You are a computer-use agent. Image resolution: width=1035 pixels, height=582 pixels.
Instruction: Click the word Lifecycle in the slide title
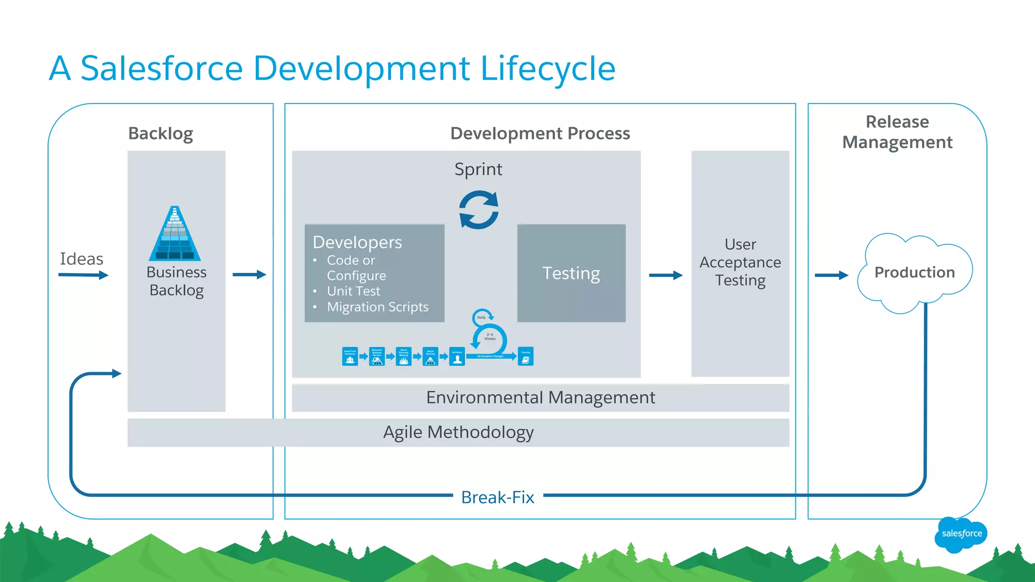[x=548, y=70]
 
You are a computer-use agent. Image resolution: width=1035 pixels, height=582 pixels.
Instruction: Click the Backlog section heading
[x=160, y=133]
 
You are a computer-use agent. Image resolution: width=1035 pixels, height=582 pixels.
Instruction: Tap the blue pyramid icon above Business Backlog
[x=175, y=234]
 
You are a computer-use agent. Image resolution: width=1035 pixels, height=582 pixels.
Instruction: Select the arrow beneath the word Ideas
[x=83, y=275]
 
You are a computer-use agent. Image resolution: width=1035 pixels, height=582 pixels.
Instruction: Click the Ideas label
[x=81, y=259]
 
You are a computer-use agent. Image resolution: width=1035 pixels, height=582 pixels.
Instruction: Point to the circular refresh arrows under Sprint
[x=479, y=210]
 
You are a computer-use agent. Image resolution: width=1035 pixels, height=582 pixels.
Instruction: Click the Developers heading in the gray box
[x=357, y=243]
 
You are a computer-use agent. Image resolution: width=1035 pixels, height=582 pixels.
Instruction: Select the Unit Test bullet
[x=353, y=291]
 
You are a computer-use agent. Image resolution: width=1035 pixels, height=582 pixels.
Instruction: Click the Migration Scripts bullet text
[x=377, y=307]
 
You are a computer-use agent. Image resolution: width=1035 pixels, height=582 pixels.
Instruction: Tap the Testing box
[x=571, y=273]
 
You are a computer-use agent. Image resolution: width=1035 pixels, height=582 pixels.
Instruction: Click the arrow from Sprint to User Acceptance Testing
[x=666, y=275]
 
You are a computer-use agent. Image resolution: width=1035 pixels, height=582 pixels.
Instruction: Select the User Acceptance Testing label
[x=740, y=262]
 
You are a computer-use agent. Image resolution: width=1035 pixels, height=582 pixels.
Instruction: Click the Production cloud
[x=914, y=272]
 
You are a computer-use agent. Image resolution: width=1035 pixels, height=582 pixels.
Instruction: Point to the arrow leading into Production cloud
[x=831, y=275]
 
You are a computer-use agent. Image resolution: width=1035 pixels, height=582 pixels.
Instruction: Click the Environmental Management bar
[x=540, y=398]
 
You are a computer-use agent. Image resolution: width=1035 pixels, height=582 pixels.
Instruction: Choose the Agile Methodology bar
[x=458, y=432]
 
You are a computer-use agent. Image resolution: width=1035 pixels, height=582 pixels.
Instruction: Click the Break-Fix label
[x=497, y=497]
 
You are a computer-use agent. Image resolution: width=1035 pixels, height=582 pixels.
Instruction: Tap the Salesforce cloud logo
[x=961, y=533]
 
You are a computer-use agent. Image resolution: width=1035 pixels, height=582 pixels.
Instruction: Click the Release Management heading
[x=897, y=132]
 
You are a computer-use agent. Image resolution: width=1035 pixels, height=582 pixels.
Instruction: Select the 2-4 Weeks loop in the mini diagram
[x=490, y=337]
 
